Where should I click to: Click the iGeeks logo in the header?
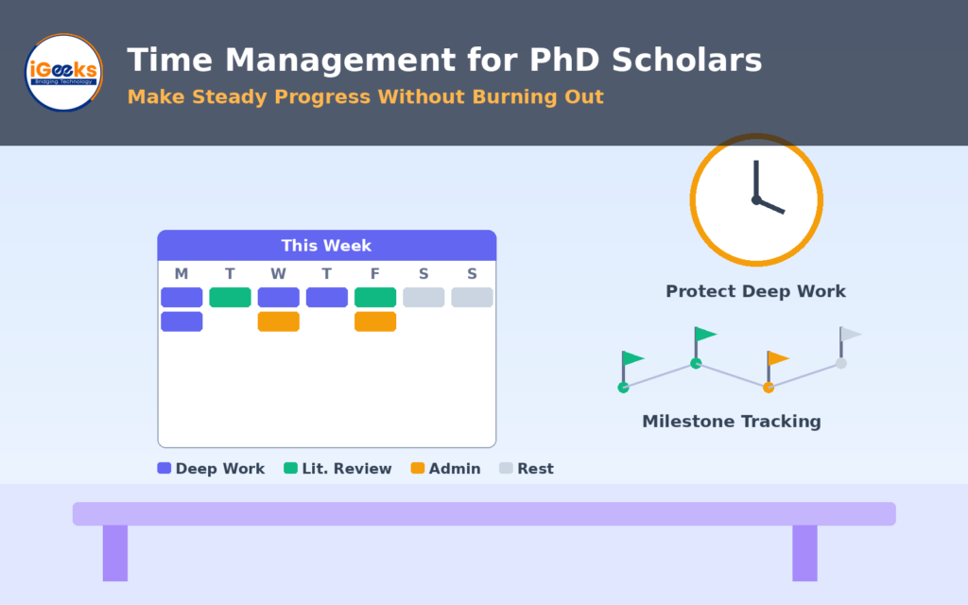[x=63, y=72]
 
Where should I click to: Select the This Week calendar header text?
[x=326, y=246]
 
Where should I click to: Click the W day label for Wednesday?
[x=279, y=273]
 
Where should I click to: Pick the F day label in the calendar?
[x=374, y=273]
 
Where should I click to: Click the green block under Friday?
[x=375, y=297]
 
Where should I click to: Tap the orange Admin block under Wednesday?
[x=279, y=321]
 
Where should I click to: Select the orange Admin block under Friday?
[x=375, y=321]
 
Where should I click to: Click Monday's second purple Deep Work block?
[x=181, y=321]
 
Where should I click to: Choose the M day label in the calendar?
[x=181, y=273]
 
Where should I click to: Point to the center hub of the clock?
[x=756, y=199]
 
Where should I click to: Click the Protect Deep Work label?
[x=755, y=291]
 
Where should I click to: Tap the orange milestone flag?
[x=778, y=358]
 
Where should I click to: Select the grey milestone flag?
[x=850, y=334]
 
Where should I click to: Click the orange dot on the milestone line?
[x=769, y=388]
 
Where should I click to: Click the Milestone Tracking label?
[x=732, y=422]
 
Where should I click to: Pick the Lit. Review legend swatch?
[x=290, y=468]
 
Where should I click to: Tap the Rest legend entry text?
[x=535, y=469]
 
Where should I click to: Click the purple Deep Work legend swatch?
[x=164, y=468]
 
